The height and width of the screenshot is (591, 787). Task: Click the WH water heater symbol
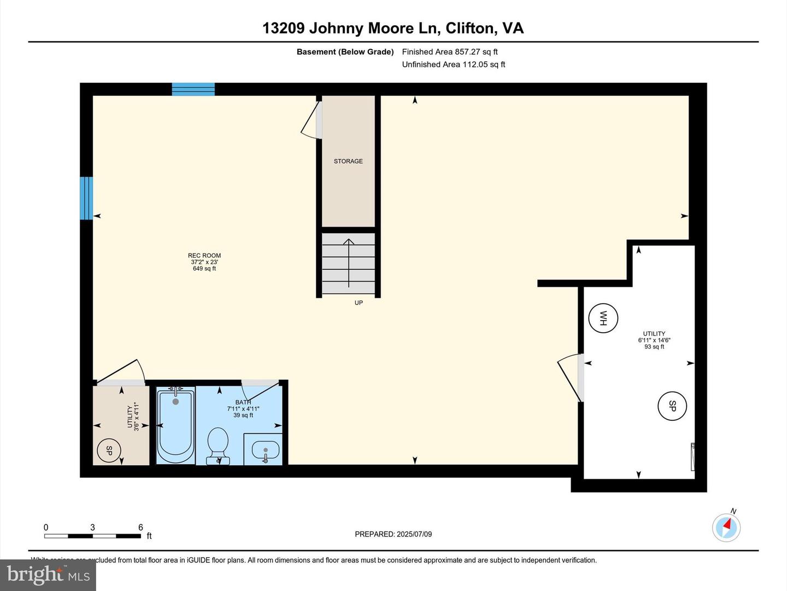click(603, 318)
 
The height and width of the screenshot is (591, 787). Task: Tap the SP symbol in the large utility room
click(672, 406)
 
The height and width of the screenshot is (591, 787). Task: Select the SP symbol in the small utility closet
click(108, 451)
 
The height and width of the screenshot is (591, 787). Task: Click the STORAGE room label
click(348, 161)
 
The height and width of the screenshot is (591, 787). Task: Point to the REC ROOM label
click(204, 256)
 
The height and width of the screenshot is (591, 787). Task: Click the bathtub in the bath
click(175, 425)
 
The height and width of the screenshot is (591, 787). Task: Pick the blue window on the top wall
click(193, 89)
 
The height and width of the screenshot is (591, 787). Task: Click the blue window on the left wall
click(86, 198)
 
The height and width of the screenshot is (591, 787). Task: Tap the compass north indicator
click(726, 528)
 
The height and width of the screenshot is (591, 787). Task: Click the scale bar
click(92, 536)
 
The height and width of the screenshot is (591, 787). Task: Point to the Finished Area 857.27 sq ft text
click(450, 52)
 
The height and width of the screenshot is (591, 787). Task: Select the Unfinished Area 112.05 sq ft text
click(454, 65)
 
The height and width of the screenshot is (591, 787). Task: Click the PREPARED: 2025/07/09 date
click(393, 534)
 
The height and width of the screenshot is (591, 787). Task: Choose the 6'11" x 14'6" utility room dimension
click(654, 340)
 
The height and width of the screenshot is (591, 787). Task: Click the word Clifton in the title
click(471, 28)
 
